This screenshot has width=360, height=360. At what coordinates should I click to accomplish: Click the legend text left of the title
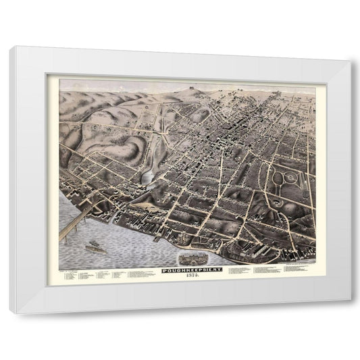[x=101, y=275]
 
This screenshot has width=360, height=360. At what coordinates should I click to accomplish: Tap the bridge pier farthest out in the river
[x=62, y=238]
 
